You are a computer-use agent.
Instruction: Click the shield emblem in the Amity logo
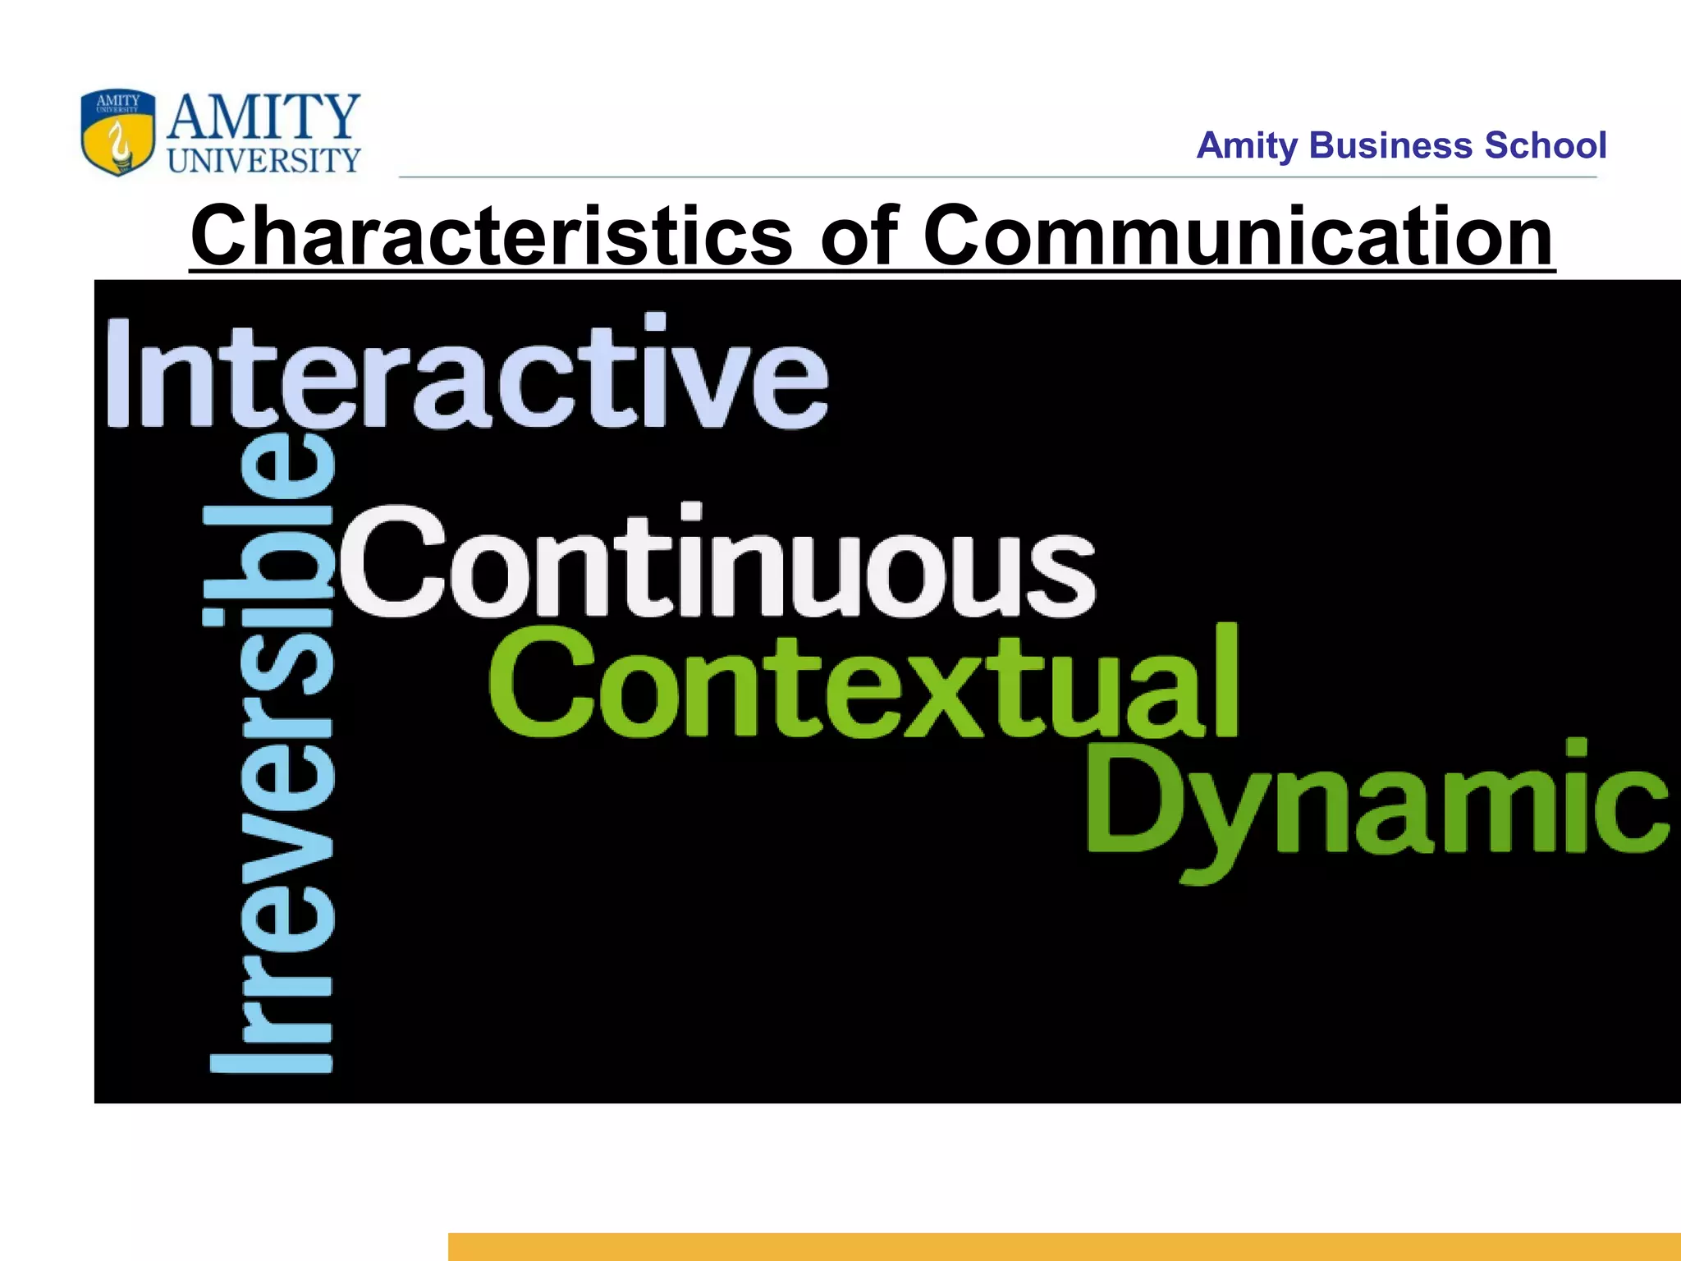[x=117, y=132]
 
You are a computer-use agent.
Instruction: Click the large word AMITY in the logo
[x=263, y=117]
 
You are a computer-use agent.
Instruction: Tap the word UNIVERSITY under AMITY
[x=263, y=161]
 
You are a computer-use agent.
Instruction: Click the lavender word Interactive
[x=466, y=374]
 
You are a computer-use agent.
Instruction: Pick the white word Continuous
[x=717, y=562]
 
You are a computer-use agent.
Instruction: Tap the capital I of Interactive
[x=118, y=374]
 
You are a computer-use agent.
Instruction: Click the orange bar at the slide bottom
[x=1064, y=1246]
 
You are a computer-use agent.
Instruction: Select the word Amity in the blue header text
[x=1247, y=146]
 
